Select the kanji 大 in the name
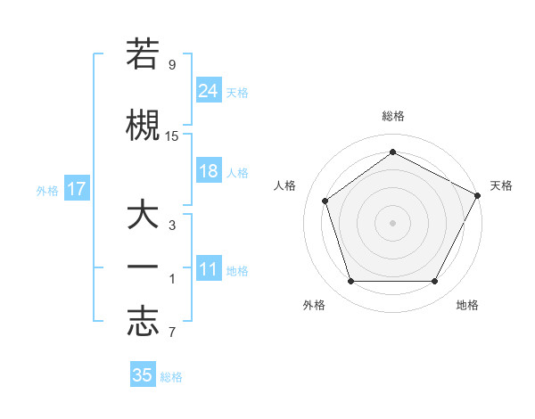click(x=143, y=217)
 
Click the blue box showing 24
click(x=208, y=90)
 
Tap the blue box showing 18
click(x=208, y=172)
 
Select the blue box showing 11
click(x=208, y=270)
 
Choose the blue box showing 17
click(x=76, y=189)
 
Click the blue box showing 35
click(x=143, y=375)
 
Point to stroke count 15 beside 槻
click(x=172, y=136)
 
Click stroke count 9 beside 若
click(x=172, y=65)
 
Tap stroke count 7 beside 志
click(x=172, y=333)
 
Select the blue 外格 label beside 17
click(x=47, y=190)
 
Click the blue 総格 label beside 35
click(x=172, y=376)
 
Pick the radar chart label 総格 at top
click(x=393, y=116)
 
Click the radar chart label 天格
click(x=501, y=185)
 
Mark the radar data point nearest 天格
click(x=479, y=195)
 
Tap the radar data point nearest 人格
click(x=325, y=201)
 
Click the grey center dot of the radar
click(x=393, y=223)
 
